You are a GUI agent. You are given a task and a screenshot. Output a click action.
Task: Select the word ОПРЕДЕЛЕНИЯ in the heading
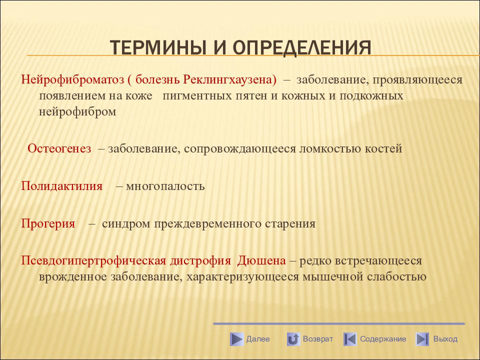pyautogui.click(x=302, y=48)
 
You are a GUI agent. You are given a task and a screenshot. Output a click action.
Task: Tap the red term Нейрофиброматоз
pyautogui.click(x=72, y=79)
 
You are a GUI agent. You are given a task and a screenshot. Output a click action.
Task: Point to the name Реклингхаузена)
pyautogui.click(x=229, y=79)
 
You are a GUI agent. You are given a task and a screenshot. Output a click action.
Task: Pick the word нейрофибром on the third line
pyautogui.click(x=77, y=111)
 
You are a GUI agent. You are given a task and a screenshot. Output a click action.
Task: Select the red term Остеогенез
pyautogui.click(x=59, y=149)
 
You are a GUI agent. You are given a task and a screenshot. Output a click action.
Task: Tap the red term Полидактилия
pyautogui.click(x=62, y=186)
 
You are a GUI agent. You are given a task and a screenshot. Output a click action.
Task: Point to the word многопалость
pyautogui.click(x=165, y=186)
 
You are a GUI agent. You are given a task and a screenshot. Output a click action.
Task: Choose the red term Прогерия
pyautogui.click(x=48, y=224)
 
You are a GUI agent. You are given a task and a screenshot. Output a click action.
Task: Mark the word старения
pyautogui.click(x=290, y=224)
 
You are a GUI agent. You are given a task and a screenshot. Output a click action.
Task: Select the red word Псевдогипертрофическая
pyautogui.click(x=93, y=261)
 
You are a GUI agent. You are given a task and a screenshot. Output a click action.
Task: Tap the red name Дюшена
pyautogui.click(x=261, y=261)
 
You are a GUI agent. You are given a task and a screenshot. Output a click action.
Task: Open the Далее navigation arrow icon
pyautogui.click(x=236, y=339)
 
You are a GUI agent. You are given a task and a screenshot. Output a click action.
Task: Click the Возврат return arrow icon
pyautogui.click(x=293, y=339)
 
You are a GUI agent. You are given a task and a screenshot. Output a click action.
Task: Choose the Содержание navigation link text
pyautogui.click(x=383, y=339)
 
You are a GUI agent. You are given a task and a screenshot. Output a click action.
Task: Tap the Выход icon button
pyautogui.click(x=422, y=339)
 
